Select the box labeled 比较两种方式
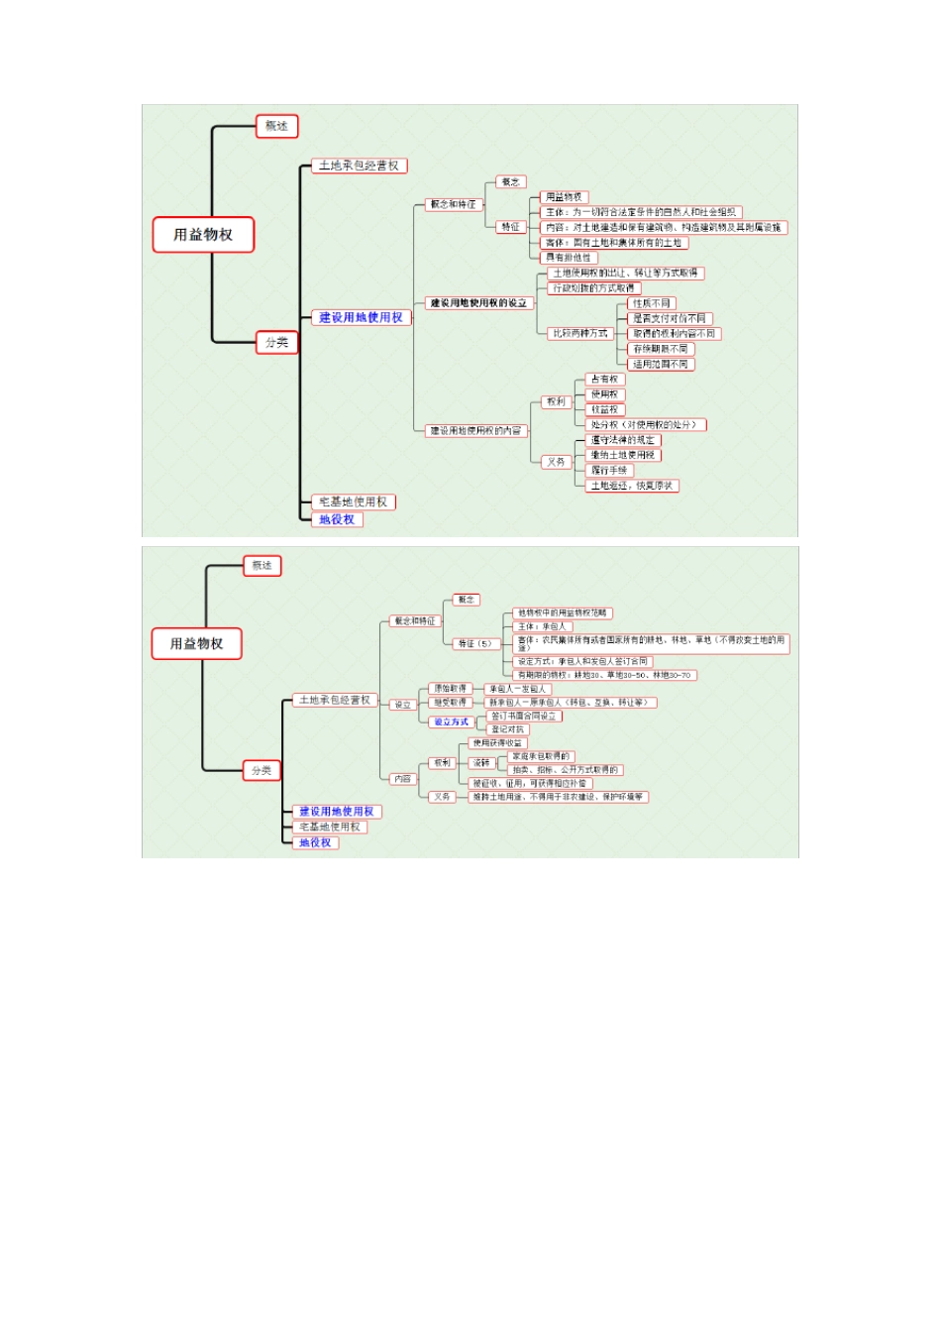coord(579,334)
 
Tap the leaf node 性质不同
coord(652,303)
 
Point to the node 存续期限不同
coord(660,349)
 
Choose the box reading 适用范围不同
coord(660,365)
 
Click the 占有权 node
coord(604,380)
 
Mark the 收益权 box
coord(604,409)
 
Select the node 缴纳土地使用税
coord(623,455)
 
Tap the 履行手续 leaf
coord(609,471)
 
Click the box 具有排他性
coord(569,258)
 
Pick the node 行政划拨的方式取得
coord(593,288)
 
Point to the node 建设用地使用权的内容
coord(475,431)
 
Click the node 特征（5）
coord(474,644)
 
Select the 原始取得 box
coord(450,689)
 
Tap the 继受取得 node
coord(450,703)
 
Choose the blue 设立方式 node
coord(451,722)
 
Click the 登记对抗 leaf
coord(508,729)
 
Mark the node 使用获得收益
coord(497,743)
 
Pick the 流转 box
coord(481,763)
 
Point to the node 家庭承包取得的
coord(541,757)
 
